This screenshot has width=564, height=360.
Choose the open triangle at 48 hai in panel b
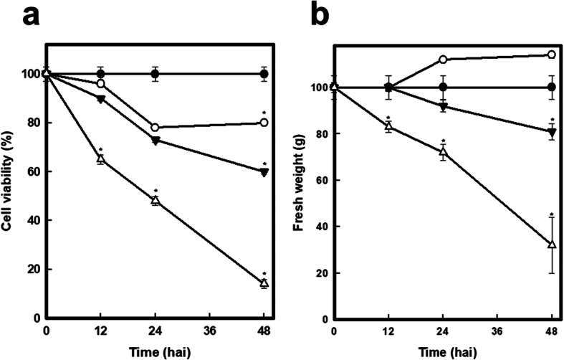552,245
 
